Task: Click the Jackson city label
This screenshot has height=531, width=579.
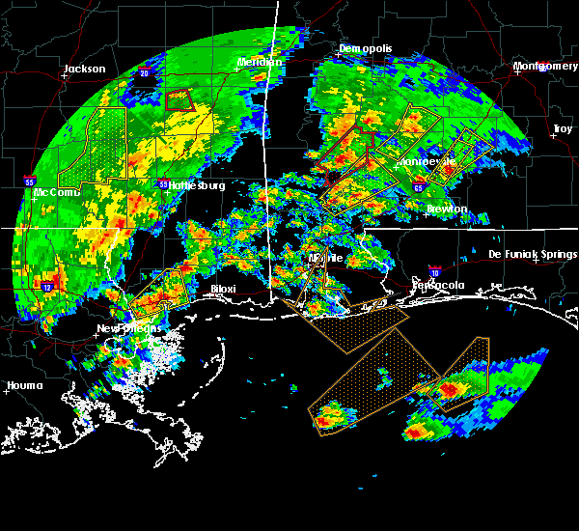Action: click(x=84, y=69)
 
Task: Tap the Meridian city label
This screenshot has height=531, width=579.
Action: click(x=261, y=62)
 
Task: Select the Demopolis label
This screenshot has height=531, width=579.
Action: click(x=361, y=48)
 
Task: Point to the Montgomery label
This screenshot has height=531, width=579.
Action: click(x=545, y=66)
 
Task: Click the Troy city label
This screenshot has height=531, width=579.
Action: click(x=562, y=128)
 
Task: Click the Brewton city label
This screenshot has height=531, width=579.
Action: click(x=448, y=209)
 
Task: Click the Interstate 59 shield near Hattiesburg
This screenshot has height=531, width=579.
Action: click(x=163, y=183)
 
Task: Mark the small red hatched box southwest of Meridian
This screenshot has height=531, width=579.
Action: click(x=179, y=99)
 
